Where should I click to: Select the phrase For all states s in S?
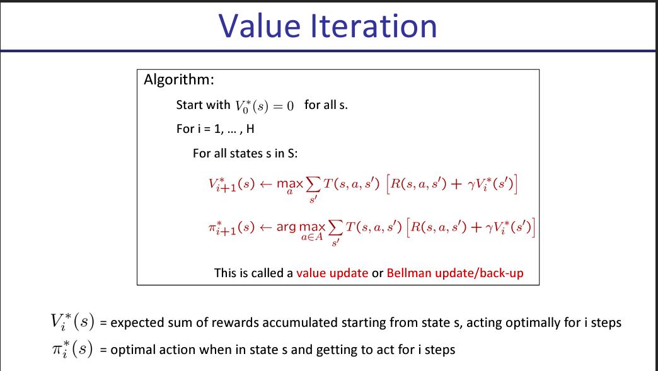pos(241,154)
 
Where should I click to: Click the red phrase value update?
pos(332,273)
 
